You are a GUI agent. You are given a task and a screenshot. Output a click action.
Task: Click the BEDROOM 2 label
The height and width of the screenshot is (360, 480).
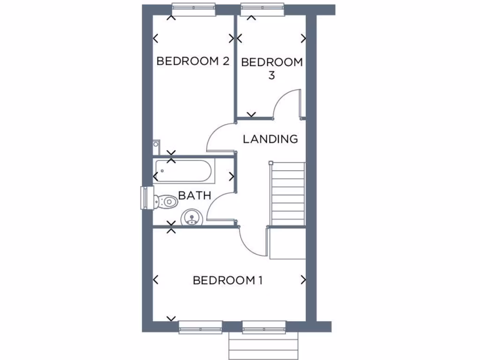click(193, 61)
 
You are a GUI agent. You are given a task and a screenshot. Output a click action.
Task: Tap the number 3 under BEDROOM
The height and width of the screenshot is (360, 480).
click(271, 75)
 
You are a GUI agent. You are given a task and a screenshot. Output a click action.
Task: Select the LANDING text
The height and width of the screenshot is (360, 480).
click(270, 139)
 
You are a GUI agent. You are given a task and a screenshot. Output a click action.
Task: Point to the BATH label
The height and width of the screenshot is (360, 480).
click(195, 195)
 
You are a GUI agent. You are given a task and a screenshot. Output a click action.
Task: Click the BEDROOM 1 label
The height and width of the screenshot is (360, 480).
click(227, 280)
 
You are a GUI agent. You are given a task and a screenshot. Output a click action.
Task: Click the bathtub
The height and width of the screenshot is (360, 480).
click(184, 172)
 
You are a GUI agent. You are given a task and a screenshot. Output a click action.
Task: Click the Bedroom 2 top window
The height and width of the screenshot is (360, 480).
click(194, 9)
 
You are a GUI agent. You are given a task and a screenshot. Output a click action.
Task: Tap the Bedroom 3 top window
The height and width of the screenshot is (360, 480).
click(262, 9)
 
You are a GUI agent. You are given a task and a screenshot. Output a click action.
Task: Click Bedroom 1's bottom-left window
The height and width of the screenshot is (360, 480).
click(201, 327)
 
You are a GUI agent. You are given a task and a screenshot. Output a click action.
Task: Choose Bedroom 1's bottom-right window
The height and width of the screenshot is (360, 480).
click(264, 327)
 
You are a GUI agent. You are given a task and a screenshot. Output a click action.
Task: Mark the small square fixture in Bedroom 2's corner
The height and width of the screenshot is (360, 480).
click(157, 146)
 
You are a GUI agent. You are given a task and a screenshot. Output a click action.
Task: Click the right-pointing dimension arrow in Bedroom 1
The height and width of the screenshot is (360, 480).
click(303, 280)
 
